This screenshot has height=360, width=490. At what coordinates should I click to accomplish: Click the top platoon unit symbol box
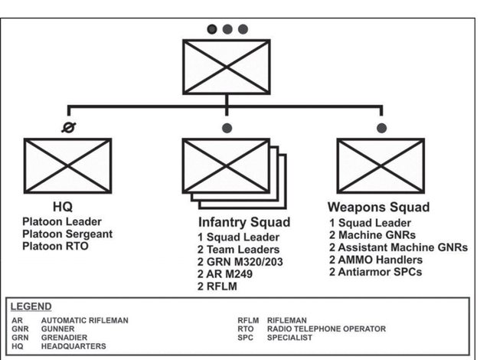(x=227, y=66)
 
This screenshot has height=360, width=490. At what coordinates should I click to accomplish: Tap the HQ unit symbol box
(x=67, y=165)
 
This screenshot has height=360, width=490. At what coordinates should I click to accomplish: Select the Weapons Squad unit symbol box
(x=381, y=165)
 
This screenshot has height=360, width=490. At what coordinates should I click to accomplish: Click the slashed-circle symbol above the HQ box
(x=68, y=128)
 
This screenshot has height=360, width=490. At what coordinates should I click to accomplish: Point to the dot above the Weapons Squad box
(x=381, y=127)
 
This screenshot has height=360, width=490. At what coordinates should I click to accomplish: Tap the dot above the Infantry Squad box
(x=227, y=127)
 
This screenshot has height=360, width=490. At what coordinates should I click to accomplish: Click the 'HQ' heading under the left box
(x=63, y=207)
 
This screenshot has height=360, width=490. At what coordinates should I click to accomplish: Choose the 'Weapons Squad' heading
(x=378, y=207)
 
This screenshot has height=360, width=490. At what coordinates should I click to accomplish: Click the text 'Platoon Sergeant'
(x=67, y=234)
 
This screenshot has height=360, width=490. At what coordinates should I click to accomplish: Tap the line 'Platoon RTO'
(x=55, y=246)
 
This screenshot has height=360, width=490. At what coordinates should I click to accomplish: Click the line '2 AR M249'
(x=226, y=274)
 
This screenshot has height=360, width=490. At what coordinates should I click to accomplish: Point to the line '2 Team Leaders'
(x=237, y=250)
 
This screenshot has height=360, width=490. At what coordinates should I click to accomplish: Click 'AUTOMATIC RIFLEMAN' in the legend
(x=84, y=319)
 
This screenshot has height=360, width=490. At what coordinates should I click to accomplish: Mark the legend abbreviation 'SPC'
(x=246, y=337)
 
